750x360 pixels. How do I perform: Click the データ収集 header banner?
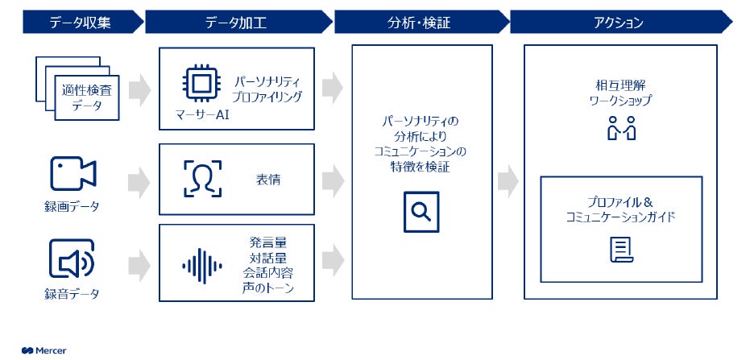tap(81, 23)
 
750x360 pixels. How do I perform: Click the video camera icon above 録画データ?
tap(73, 173)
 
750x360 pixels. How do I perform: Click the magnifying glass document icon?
tap(421, 211)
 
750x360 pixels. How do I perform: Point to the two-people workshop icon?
tap(621, 128)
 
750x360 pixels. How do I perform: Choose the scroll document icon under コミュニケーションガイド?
tap(620, 250)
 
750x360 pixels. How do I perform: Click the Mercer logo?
tap(44, 350)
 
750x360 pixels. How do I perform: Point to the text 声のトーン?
tap(267, 288)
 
